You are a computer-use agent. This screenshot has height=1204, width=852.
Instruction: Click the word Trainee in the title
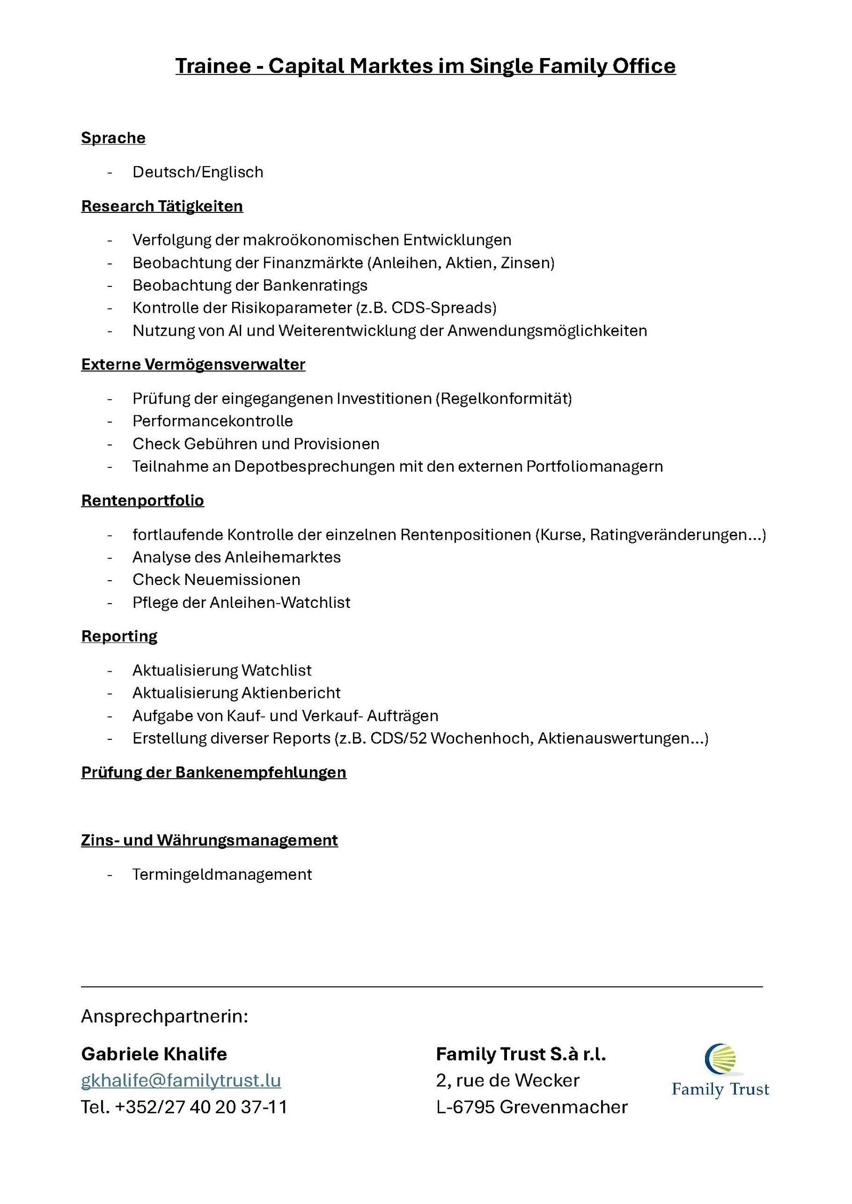click(x=213, y=66)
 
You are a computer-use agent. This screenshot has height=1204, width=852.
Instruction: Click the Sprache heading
click(x=113, y=138)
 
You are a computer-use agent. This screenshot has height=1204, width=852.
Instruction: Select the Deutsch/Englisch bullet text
click(x=198, y=172)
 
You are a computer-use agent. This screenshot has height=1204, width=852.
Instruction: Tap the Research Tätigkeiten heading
click(x=162, y=206)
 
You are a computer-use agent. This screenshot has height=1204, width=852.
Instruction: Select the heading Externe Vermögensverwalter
click(x=193, y=365)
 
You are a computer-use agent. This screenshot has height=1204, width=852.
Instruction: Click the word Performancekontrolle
click(x=212, y=421)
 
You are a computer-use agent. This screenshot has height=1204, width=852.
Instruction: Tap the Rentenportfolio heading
click(x=142, y=500)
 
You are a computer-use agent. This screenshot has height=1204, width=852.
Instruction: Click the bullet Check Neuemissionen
click(x=216, y=580)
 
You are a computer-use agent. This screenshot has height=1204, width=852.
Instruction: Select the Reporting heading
click(x=119, y=636)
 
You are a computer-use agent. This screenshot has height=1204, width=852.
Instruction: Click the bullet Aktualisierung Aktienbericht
click(x=236, y=693)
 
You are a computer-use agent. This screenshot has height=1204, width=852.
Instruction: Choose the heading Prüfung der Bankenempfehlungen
click(x=214, y=772)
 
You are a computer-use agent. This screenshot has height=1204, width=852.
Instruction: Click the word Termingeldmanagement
click(x=222, y=875)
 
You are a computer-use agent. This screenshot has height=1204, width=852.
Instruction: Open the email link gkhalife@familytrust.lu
click(x=181, y=1081)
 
